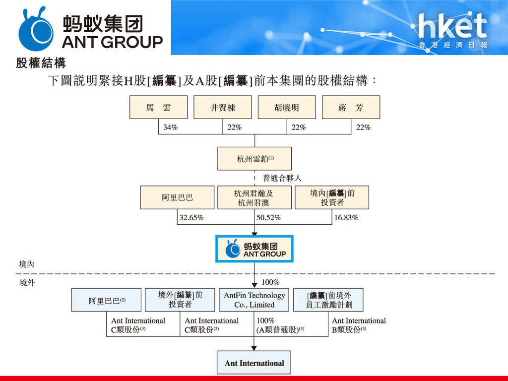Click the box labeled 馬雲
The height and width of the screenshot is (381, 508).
(158, 107)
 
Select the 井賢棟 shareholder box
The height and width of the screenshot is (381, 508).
(223, 107)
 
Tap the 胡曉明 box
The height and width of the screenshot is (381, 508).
(287, 107)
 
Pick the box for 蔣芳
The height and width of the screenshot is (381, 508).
(351, 107)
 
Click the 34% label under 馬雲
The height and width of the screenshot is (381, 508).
(171, 127)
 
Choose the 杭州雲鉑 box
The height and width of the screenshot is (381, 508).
(254, 159)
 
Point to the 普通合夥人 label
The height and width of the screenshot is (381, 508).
(282, 178)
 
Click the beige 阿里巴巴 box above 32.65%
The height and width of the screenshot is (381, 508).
(177, 197)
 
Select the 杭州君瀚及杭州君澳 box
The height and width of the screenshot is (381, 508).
(254, 197)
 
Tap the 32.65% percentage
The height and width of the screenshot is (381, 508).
(191, 218)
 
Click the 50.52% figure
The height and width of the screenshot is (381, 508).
(268, 218)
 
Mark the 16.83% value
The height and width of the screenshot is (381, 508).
(346, 218)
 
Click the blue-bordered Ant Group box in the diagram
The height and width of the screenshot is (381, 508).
(254, 249)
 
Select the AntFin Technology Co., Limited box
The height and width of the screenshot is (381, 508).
(254, 300)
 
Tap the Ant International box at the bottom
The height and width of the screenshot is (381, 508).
(254, 363)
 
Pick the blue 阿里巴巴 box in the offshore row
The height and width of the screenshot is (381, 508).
(106, 300)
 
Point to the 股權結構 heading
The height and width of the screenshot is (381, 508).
(41, 63)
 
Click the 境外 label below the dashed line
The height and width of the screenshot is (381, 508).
(27, 283)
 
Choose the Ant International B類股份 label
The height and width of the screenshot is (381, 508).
(359, 325)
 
